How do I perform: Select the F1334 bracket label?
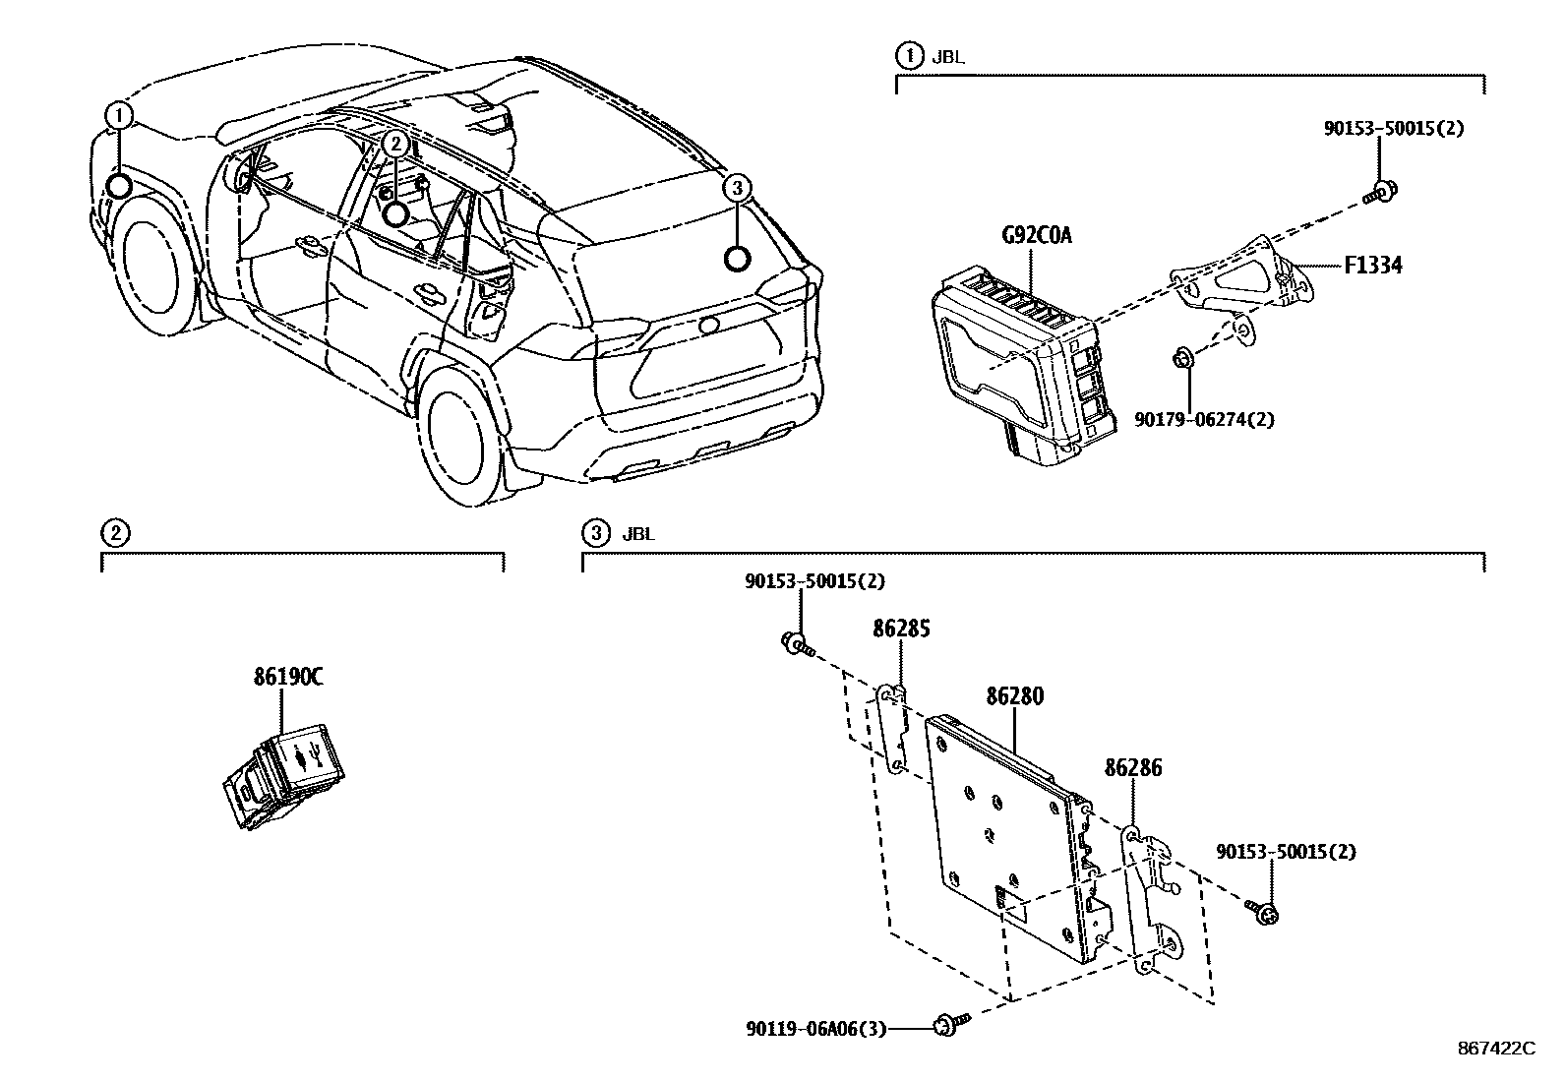(1373, 265)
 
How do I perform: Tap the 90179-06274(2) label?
(1205, 420)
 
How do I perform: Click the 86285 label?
(901, 629)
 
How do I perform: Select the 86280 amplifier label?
(1014, 696)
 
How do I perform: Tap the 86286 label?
(1133, 766)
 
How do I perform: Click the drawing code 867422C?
(1495, 1049)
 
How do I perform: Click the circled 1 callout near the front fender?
(119, 116)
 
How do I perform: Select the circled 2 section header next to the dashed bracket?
(115, 533)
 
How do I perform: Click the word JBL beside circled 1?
(949, 56)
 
